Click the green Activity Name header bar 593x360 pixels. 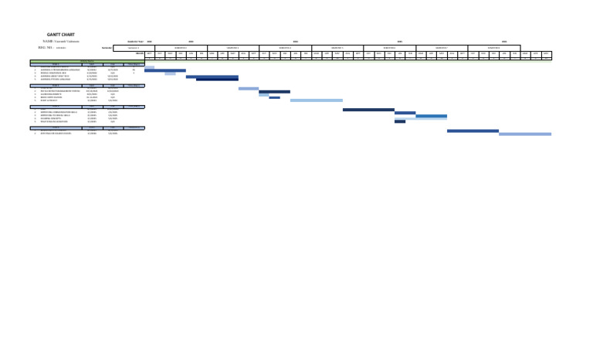pyautogui.click(x=87, y=60)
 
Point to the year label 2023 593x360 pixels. pyautogui.click(x=190, y=41)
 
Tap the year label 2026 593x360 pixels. pyautogui.click(x=504, y=41)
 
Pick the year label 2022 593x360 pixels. pyautogui.click(x=149, y=41)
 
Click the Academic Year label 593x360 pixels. pyautogui.click(x=135, y=41)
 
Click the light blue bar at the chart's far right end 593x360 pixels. pyautogui.click(x=525, y=134)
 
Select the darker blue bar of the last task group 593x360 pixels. pyautogui.click(x=473, y=131)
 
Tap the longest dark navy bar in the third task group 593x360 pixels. pyautogui.click(x=368, y=110)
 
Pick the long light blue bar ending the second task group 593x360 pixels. pyautogui.click(x=317, y=100)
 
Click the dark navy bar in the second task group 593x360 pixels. pyautogui.click(x=274, y=92)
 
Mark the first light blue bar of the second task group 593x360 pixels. pyautogui.click(x=249, y=89)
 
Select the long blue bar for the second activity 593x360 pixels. pyautogui.click(x=165, y=70)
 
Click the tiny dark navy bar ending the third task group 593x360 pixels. pyautogui.click(x=400, y=122)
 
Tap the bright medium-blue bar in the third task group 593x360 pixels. pyautogui.click(x=431, y=116)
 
